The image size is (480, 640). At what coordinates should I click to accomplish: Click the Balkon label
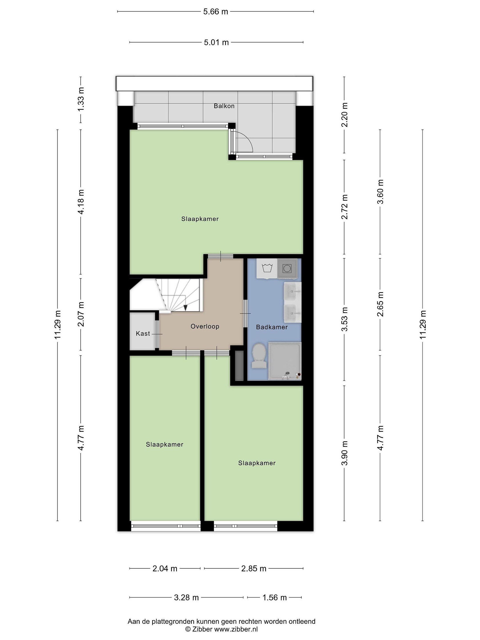pyautogui.click(x=224, y=106)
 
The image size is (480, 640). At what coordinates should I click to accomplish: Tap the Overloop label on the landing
pyautogui.click(x=205, y=326)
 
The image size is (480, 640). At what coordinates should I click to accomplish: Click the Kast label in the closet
pyautogui.click(x=143, y=334)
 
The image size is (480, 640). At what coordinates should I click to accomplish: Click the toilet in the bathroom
pyautogui.click(x=259, y=356)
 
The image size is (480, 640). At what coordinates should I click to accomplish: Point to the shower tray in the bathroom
pyautogui.click(x=285, y=361)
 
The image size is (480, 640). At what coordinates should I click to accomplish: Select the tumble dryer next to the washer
pyautogui.click(x=287, y=268)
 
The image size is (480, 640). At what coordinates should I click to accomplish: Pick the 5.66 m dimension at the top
pyautogui.click(x=216, y=12)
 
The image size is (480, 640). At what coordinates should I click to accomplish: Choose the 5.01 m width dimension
pyautogui.click(x=216, y=42)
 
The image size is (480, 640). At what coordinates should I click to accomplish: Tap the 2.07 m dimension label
pyautogui.click(x=81, y=314)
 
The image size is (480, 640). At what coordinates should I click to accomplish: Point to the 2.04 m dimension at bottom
pyautogui.click(x=165, y=568)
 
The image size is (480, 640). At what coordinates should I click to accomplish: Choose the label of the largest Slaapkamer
pyautogui.click(x=200, y=219)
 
